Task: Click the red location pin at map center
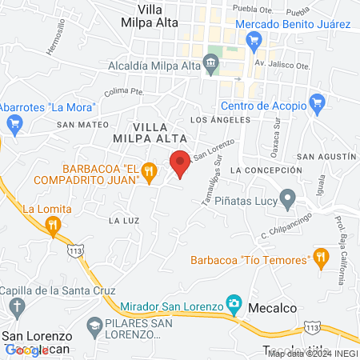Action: coord(181,162)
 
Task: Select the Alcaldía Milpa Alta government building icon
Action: coord(211,62)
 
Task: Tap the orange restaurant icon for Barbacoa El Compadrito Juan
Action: coord(148,171)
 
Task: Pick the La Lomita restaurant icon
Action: coord(54,226)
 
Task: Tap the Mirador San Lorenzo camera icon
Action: coord(234,303)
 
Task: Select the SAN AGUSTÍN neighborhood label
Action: coord(326,156)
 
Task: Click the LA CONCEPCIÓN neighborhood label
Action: coord(266,171)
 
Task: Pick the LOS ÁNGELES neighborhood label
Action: coord(214,119)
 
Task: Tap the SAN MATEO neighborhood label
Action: coord(77,124)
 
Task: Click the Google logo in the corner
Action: coord(26,350)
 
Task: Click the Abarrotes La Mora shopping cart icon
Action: coord(14,122)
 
